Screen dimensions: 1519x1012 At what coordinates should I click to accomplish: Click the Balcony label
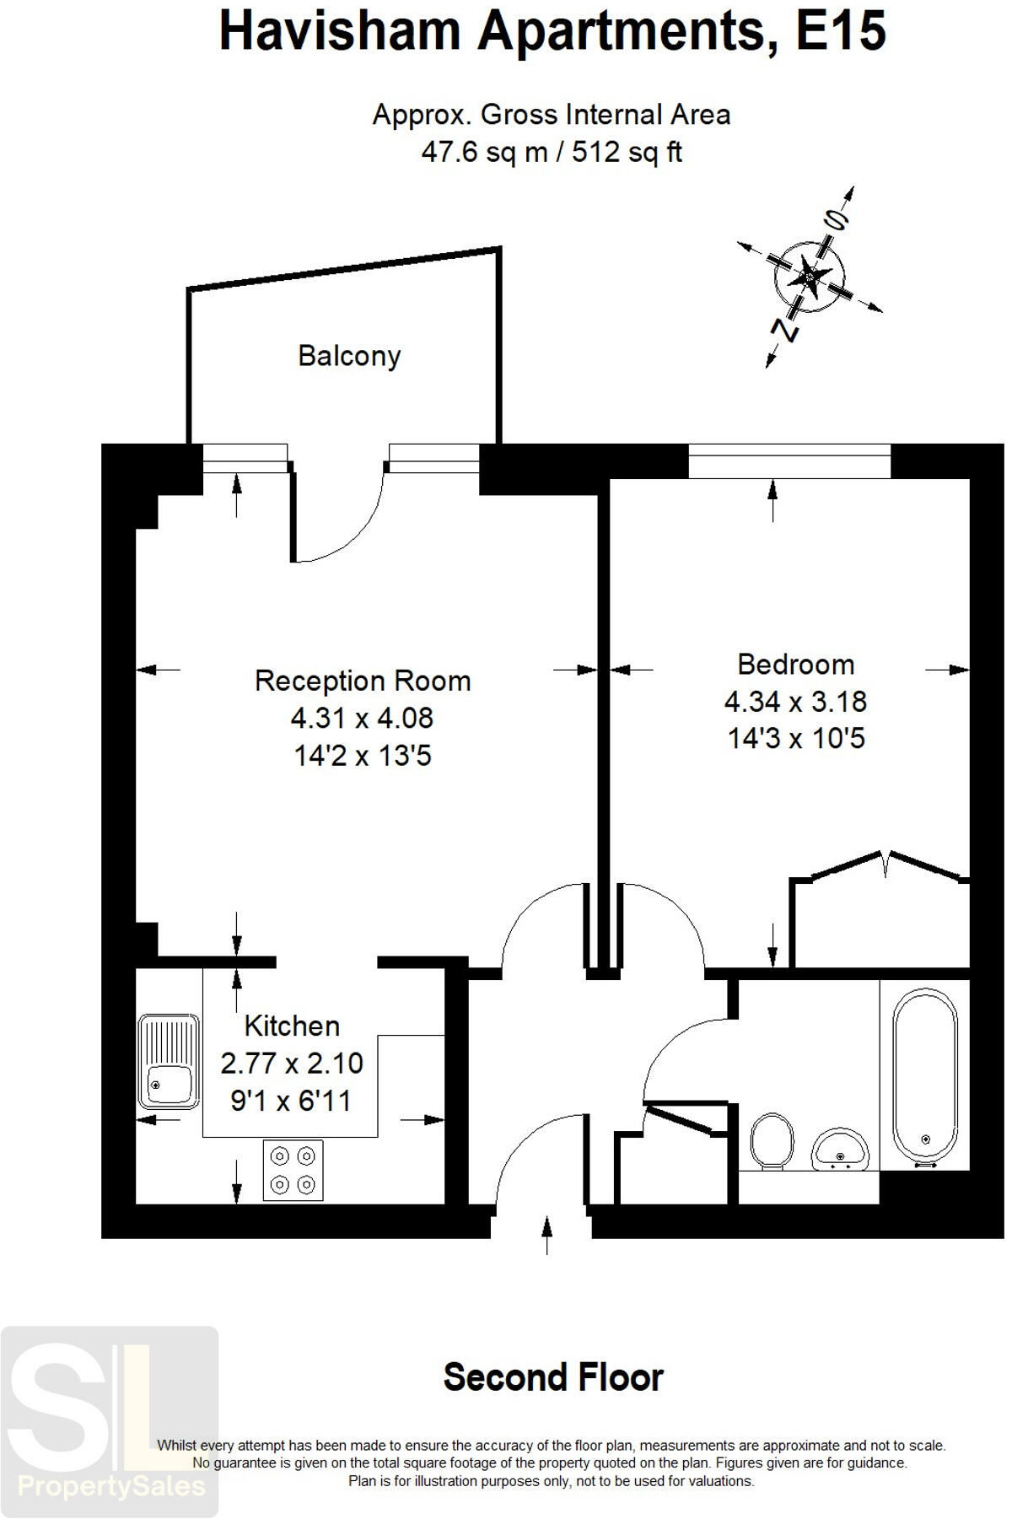[x=349, y=356]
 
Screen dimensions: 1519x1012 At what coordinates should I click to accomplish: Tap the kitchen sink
[x=169, y=1061]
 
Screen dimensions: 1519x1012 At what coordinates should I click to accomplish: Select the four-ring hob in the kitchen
[x=293, y=1170]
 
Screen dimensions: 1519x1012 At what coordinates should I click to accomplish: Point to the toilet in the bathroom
[x=771, y=1140]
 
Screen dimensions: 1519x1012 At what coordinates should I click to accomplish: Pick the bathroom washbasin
[x=839, y=1150]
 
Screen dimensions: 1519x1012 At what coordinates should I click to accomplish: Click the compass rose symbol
[x=809, y=275]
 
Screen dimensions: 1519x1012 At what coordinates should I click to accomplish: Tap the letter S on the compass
[x=836, y=221]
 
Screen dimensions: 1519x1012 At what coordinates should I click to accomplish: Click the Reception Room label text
[x=363, y=681]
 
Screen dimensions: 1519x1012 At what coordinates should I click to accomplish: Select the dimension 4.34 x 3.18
[x=795, y=702]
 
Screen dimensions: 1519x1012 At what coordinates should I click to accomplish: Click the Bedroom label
[x=795, y=665]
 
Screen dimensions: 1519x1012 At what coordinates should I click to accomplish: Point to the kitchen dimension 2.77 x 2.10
[x=292, y=1064]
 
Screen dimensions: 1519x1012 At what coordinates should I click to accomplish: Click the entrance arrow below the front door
[x=547, y=1236]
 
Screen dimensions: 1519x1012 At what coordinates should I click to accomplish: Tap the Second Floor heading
[x=553, y=1377]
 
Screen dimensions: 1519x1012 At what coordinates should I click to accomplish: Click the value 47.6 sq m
[x=483, y=153]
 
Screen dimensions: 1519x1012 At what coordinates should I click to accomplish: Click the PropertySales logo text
[x=111, y=1485]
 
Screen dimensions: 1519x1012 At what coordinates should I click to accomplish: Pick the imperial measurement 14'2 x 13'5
[x=363, y=756]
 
